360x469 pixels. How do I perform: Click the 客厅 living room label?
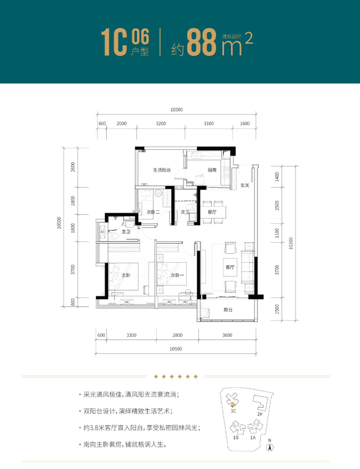click(x=230, y=268)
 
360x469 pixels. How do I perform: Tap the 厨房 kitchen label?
click(x=212, y=170)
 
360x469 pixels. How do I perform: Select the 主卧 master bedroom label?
click(x=125, y=275)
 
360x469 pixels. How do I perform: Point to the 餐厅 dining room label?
click(x=212, y=212)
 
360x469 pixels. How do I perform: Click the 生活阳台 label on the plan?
click(x=161, y=171)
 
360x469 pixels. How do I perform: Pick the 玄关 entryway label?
click(x=244, y=185)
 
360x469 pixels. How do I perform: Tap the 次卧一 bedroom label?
click(x=177, y=275)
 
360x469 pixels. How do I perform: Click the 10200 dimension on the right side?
click(x=291, y=244)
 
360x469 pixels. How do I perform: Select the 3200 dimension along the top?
click(x=161, y=124)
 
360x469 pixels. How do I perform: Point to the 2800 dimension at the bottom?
click(x=177, y=335)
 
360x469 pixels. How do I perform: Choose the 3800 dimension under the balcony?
click(x=227, y=335)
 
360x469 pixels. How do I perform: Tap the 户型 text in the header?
click(x=139, y=52)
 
